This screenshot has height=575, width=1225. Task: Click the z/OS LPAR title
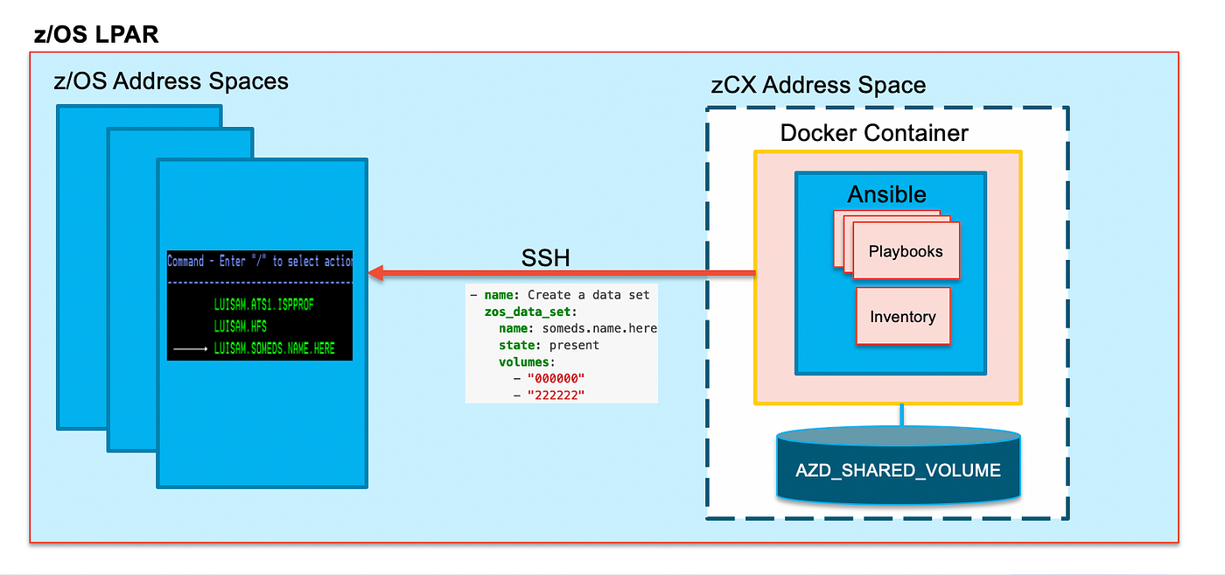coord(96,34)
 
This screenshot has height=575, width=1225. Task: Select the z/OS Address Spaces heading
coord(171,81)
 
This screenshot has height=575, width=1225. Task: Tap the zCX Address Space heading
coord(818,86)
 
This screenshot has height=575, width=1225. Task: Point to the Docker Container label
coord(874,133)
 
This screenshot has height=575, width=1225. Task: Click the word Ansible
coord(886,194)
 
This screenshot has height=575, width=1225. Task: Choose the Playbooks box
coord(906,250)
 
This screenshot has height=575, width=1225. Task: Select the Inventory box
coord(903,316)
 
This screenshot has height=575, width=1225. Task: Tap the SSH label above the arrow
coord(545,257)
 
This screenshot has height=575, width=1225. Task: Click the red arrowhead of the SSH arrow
coord(376,272)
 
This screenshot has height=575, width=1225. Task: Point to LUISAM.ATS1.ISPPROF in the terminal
coord(263,305)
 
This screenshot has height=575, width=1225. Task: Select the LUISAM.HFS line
coord(240,326)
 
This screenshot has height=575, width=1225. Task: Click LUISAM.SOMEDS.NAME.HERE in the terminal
coord(274,348)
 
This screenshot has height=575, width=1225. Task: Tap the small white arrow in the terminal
coord(191,348)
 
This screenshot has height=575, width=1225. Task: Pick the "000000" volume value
coord(556,378)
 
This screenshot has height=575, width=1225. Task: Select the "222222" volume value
coord(556,395)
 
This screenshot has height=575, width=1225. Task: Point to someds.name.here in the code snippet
coord(599,328)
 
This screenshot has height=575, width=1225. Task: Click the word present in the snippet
coord(574,345)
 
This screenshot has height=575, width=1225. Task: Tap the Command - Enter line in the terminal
coord(260,261)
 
